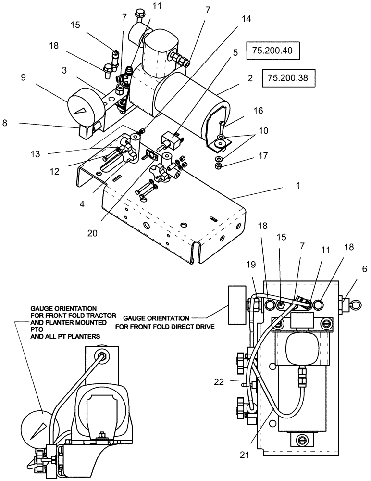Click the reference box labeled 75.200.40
coord(272,50)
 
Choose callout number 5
coord(235,53)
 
